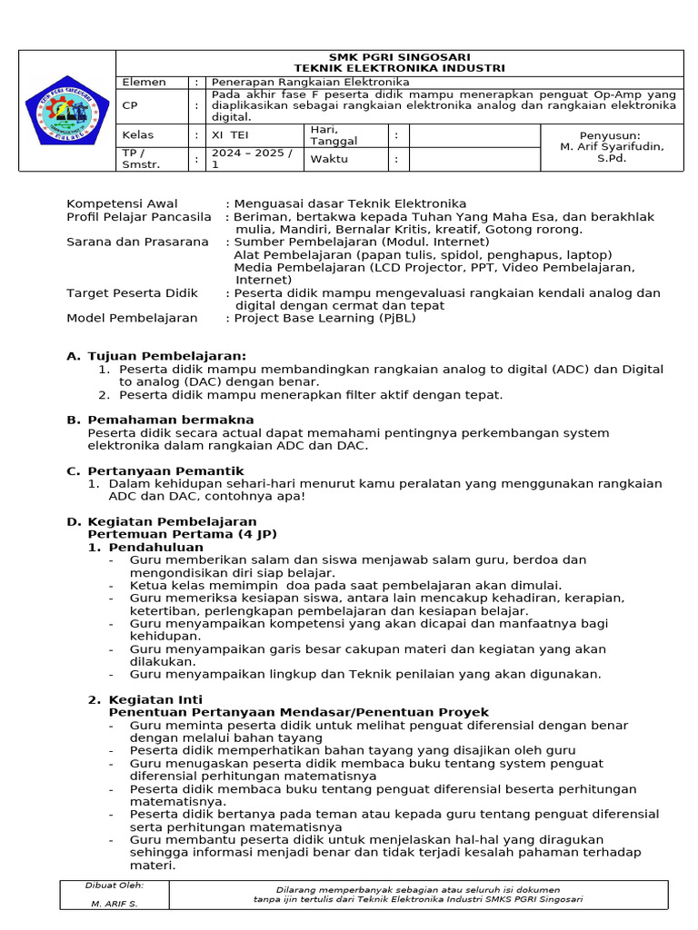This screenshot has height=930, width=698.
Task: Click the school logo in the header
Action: pyautogui.click(x=67, y=110)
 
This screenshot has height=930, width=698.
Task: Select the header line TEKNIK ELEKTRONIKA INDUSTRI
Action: pyautogui.click(x=400, y=68)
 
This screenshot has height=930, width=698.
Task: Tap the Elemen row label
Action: pyautogui.click(x=145, y=82)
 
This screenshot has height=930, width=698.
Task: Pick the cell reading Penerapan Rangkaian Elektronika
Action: pyautogui.click(x=310, y=82)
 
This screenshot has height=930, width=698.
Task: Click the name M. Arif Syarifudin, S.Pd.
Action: pyautogui.click(x=612, y=146)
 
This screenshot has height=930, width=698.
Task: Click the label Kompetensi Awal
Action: pyautogui.click(x=122, y=203)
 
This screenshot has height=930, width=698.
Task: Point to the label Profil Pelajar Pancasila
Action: pyautogui.click(x=139, y=217)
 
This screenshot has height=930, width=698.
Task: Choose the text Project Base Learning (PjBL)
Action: pyautogui.click(x=324, y=318)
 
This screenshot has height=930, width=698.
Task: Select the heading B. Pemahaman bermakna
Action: pyautogui.click(x=170, y=420)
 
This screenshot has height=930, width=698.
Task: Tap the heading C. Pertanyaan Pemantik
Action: pyautogui.click(x=165, y=470)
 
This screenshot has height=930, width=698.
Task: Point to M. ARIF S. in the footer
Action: pyautogui.click(x=114, y=904)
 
